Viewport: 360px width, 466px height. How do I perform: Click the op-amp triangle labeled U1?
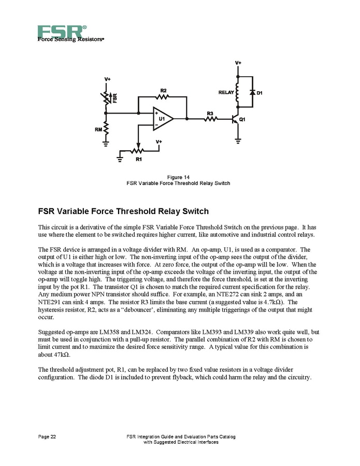(162, 119)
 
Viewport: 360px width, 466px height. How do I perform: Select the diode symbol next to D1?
(252, 92)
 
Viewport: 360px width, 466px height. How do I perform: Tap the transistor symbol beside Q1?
(236, 119)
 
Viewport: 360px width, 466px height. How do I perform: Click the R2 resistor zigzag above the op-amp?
(163, 96)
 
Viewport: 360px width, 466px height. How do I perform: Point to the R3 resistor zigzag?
(210, 119)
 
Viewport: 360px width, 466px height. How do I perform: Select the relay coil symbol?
(238, 92)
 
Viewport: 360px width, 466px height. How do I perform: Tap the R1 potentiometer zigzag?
(138, 151)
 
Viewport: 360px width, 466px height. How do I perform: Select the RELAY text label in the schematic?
(226, 92)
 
